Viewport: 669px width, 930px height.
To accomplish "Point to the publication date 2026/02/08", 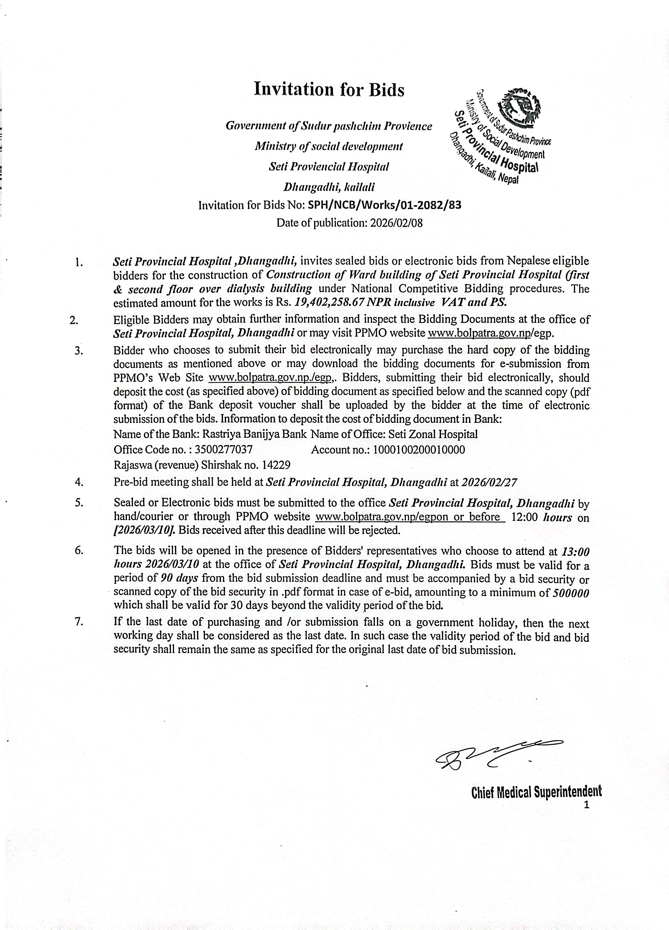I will tap(396, 223).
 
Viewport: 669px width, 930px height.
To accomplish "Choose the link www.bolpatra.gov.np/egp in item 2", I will tap(490, 332).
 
